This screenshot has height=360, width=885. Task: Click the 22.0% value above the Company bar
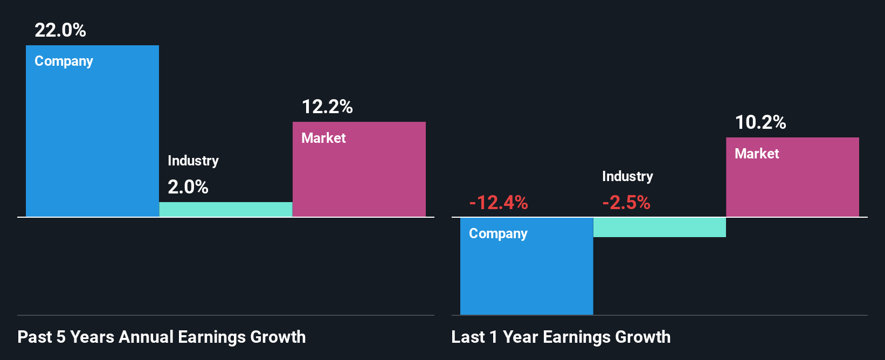tap(60, 30)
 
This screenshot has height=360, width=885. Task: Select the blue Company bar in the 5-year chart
tap(92, 140)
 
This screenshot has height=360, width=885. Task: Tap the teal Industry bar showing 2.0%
tap(226, 210)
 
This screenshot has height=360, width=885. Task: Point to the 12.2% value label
tap(327, 107)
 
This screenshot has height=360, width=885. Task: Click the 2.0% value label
tap(188, 187)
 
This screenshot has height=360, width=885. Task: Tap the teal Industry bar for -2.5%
tap(660, 227)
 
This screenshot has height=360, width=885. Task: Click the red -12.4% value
tap(499, 203)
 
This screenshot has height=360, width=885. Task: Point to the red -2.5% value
tap(626, 203)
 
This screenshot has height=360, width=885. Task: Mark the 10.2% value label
tap(760, 122)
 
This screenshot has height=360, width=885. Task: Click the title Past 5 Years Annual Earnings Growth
tap(162, 337)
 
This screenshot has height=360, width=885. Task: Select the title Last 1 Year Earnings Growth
tap(561, 337)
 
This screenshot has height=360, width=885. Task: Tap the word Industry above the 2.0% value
tap(193, 161)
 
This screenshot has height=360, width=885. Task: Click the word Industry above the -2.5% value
tap(627, 176)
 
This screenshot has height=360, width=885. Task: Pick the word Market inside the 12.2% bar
tap(323, 138)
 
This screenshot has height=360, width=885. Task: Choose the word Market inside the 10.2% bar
tap(757, 154)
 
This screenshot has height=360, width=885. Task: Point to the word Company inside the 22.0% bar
tap(64, 61)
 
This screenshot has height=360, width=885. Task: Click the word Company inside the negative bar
tap(498, 233)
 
